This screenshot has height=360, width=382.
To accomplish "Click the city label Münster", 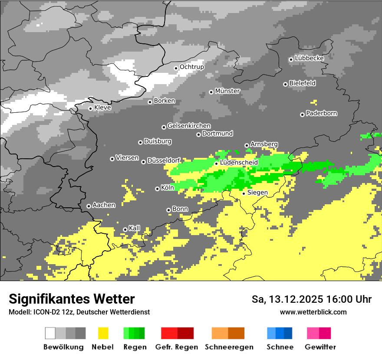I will click(227, 91).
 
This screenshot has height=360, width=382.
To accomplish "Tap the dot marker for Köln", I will click(157, 189).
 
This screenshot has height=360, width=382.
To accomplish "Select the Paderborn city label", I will click(321, 113).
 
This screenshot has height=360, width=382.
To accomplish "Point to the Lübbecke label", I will click(309, 58).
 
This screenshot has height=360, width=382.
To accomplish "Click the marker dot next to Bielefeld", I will click(285, 84).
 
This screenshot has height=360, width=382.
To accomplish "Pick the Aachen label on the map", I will click(104, 205).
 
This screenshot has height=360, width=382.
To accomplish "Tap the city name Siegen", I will click(257, 192).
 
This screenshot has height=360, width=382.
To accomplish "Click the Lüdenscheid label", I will click(239, 162).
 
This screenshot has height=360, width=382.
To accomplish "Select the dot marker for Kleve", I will click(90, 108).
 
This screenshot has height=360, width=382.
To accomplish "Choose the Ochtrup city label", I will click(191, 67).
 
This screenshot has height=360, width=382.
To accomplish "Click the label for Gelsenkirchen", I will click(189, 126).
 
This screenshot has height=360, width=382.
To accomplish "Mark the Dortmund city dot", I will click(198, 134).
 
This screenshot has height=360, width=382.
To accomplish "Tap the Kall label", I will click(134, 228).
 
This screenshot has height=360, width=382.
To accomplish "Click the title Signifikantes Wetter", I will click(72, 299).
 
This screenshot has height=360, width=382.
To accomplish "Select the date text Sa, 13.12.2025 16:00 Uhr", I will click(311, 299).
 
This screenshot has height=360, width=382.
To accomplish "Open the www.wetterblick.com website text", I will click(313, 312).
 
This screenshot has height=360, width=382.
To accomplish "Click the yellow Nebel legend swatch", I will click(103, 333).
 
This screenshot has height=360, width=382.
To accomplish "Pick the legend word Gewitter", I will click(320, 347).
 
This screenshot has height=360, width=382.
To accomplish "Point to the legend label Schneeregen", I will click(229, 347).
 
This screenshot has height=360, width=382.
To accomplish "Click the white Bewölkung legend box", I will click(50, 333).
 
